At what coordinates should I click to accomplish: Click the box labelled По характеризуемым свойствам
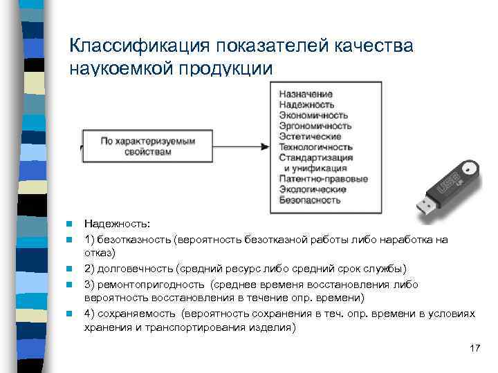point(148,146)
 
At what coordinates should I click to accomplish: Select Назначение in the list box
point(306,94)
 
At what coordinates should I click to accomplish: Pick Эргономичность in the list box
point(315,126)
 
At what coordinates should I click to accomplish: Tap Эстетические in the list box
point(310,137)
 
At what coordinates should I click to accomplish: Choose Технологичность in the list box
point(316,147)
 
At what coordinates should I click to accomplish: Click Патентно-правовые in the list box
point(323,179)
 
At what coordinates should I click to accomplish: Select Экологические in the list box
point(313,189)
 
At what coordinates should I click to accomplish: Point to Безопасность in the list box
point(310,200)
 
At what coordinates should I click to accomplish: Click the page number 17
point(474,347)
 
